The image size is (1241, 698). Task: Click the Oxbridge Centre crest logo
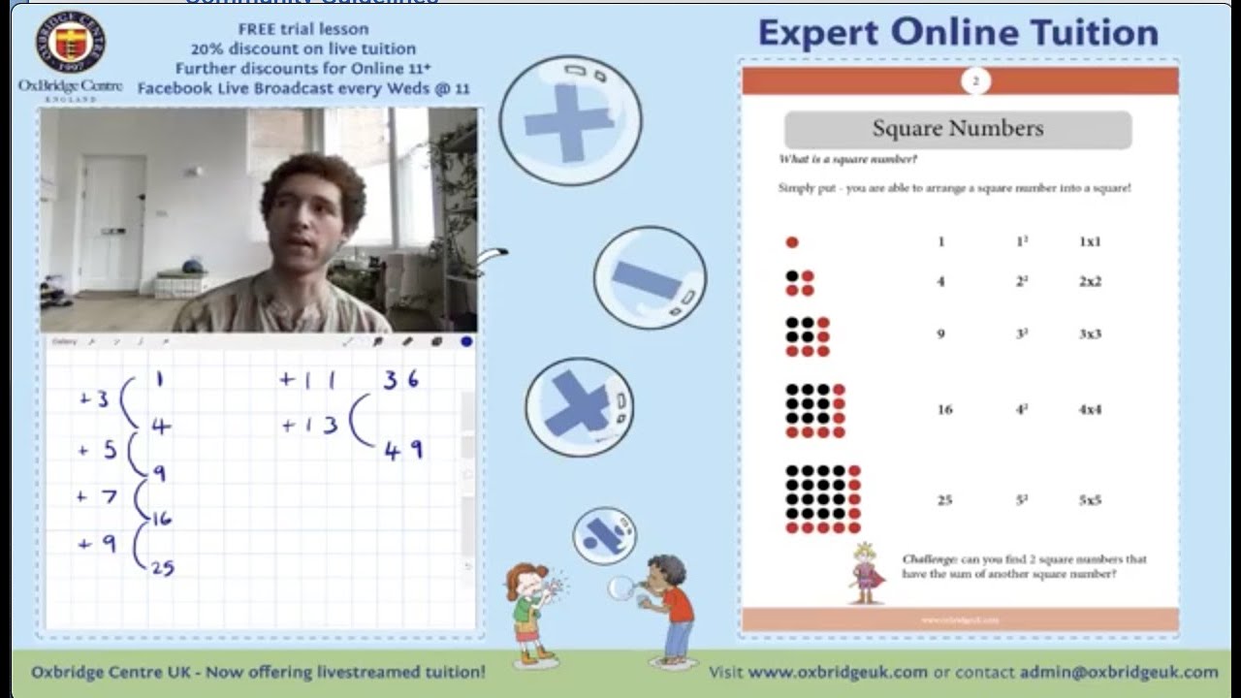70,42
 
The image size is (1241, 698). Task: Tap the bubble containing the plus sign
570,120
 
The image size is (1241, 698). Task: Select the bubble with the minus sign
649,278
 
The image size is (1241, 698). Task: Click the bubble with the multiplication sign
579,406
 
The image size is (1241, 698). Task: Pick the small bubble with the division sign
604,535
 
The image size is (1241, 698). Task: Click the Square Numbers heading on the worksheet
957,129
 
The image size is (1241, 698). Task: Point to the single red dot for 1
792,242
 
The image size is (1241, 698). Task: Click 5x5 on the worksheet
1090,500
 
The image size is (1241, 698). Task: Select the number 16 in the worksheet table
944,409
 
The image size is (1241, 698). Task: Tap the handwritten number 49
403,451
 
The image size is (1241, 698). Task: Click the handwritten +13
309,425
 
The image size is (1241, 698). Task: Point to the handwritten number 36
400,379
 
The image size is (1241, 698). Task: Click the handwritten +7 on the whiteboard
97,497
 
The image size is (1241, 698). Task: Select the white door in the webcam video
112,223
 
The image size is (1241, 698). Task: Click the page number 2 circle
975,81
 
